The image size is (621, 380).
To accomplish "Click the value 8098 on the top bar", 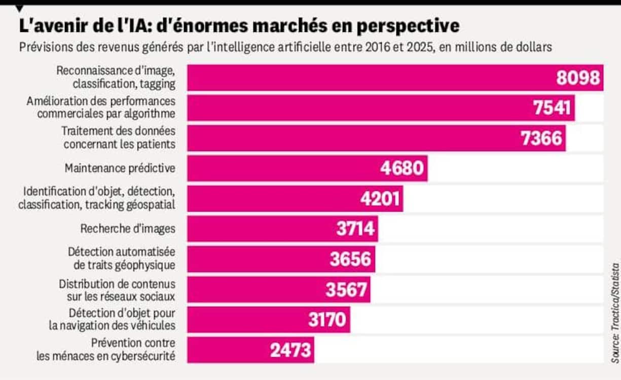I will pyautogui.click(x=578, y=78).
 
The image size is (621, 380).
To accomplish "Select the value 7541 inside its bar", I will pyautogui.click(x=552, y=108).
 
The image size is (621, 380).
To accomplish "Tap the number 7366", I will pyautogui.click(x=542, y=139).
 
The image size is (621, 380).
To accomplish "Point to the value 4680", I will pyautogui.click(x=403, y=168).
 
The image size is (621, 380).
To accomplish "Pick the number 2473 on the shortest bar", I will pyautogui.click(x=290, y=350).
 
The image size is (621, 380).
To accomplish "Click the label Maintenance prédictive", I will pyautogui.click(x=120, y=168).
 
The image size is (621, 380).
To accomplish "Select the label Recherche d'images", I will pyautogui.click(x=128, y=229).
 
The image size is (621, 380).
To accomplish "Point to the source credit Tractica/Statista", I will pyautogui.click(x=615, y=312).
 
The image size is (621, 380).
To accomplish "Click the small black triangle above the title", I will pyautogui.click(x=20, y=8).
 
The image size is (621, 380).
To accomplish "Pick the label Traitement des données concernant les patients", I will pyautogui.click(x=119, y=137).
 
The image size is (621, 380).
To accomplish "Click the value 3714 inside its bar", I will pyautogui.click(x=355, y=229).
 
